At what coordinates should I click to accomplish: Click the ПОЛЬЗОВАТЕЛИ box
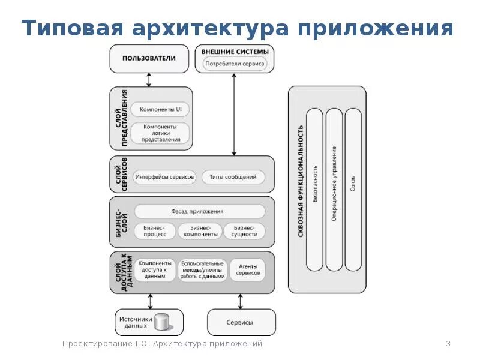click(149, 58)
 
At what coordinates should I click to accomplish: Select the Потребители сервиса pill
click(235, 63)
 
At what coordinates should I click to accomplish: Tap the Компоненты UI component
click(160, 110)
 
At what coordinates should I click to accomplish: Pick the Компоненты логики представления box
click(160, 133)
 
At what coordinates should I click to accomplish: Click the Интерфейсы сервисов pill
click(165, 177)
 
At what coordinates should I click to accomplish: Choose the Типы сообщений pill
click(233, 177)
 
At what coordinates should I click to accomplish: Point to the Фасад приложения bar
click(200, 211)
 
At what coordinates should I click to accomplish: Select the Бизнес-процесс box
click(155, 231)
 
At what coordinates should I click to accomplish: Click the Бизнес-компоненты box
click(200, 231)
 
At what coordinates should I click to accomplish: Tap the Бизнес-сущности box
click(244, 231)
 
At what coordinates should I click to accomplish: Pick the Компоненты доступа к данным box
click(155, 270)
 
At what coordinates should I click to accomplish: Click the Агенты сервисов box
click(248, 270)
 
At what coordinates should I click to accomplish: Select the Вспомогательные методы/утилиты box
click(202, 270)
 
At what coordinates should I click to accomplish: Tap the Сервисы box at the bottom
click(241, 322)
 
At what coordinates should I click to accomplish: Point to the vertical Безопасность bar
click(315, 190)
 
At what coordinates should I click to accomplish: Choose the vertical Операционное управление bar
click(334, 190)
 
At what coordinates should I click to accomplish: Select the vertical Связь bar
click(353, 190)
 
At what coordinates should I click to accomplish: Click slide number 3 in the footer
click(448, 344)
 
